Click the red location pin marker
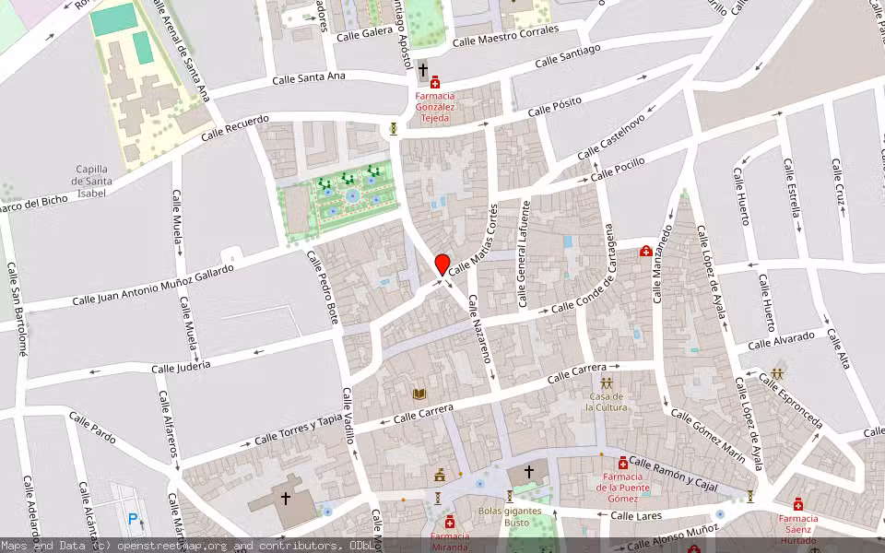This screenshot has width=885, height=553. (x=442, y=265)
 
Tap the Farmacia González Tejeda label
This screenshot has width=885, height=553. (x=434, y=107)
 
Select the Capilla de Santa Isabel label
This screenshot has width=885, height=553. (x=92, y=181)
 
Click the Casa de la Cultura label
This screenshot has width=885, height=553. (x=607, y=401)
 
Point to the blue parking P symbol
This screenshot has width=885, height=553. (x=133, y=519)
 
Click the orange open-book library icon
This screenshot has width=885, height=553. (x=419, y=394)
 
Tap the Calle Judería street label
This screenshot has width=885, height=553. (x=181, y=366)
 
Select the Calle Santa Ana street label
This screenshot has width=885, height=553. (x=308, y=78)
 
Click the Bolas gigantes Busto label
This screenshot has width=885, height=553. (x=504, y=516)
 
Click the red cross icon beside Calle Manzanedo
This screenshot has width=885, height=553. (x=646, y=251)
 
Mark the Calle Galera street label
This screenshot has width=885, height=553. (x=364, y=34)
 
